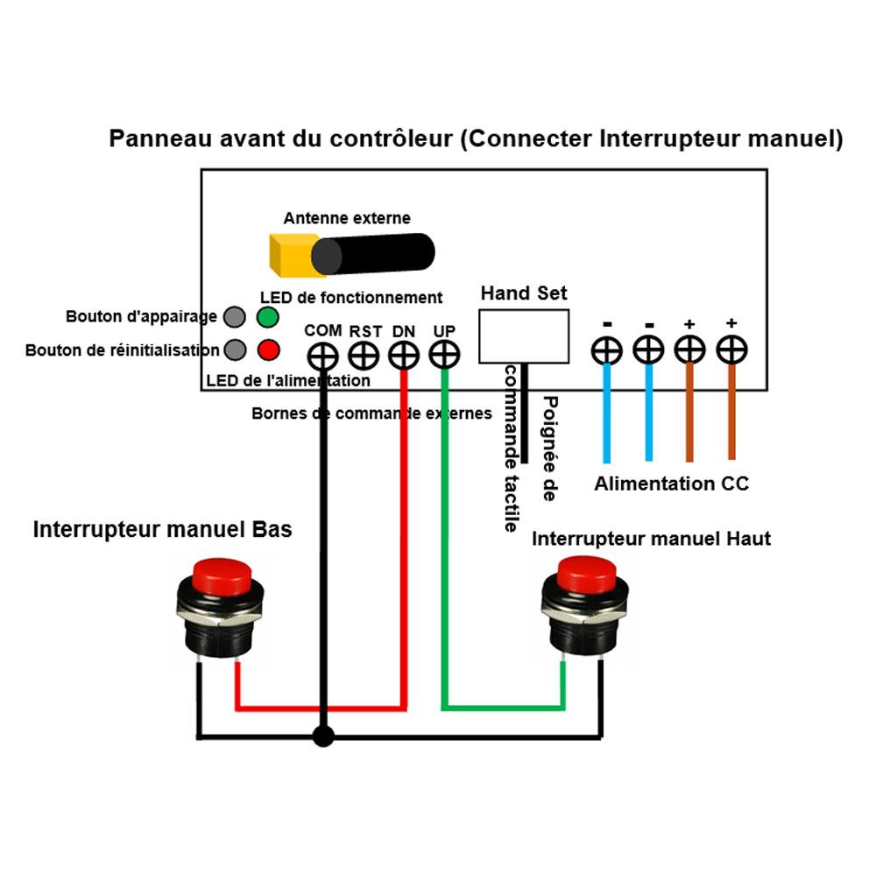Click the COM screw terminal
[322, 356]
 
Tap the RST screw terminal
[363, 356]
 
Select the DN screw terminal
[403, 356]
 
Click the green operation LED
[268, 316]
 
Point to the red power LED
[268, 350]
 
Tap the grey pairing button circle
[234, 316]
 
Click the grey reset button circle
[234, 350]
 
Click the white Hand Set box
[523, 336]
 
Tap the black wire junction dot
[323, 737]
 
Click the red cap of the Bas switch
[222, 573]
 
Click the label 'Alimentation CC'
[671, 484]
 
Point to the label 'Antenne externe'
[346, 218]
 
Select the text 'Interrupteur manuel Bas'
[163, 530]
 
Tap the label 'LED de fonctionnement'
[351, 298]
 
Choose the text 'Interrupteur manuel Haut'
[651, 539]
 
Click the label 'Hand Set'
[524, 293]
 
